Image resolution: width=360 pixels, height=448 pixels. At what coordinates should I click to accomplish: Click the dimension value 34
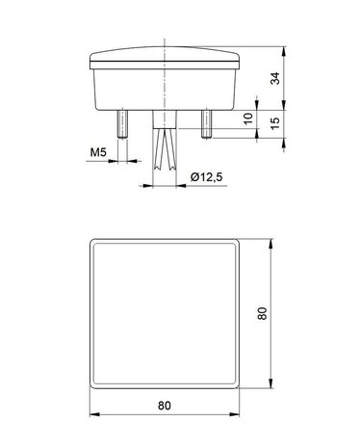[275, 78]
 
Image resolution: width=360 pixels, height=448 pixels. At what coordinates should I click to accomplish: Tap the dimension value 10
[248, 119]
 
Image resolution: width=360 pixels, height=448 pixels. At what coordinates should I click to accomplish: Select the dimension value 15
[275, 123]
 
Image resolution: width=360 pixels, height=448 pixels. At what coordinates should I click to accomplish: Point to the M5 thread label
[98, 152]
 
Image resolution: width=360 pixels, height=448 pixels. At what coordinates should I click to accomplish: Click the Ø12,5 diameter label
[206, 177]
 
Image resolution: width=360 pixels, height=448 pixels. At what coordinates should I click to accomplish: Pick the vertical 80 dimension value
[262, 313]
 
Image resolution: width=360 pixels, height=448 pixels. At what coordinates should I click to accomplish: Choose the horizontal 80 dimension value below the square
[165, 406]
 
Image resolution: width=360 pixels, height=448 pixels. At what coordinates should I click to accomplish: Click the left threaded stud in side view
[122, 124]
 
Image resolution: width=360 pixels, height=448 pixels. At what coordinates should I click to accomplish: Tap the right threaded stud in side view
[207, 124]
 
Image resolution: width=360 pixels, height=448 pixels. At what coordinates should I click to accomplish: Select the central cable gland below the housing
[165, 119]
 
